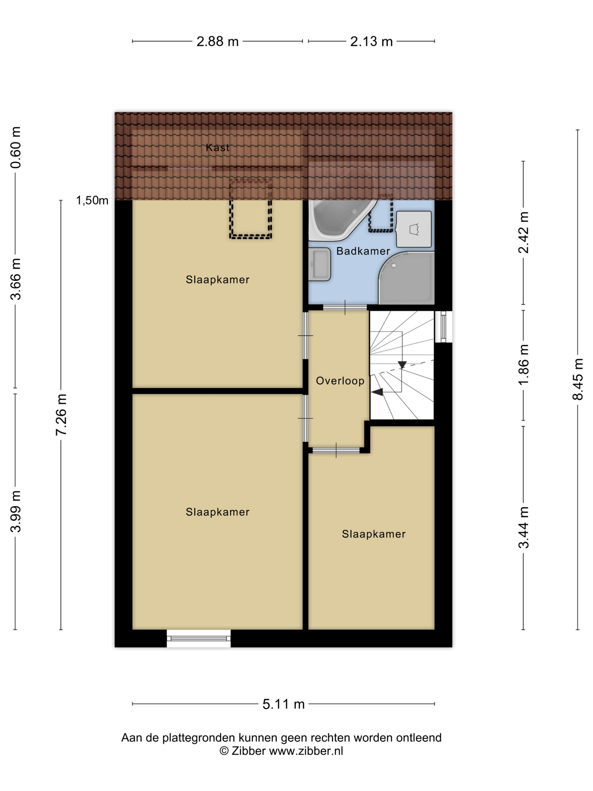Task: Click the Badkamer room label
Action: pyautogui.click(x=363, y=251)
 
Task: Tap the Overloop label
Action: pyautogui.click(x=340, y=381)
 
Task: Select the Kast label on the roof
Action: pyautogui.click(x=217, y=147)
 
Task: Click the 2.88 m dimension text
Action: pyautogui.click(x=217, y=42)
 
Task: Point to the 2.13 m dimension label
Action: pyautogui.click(x=371, y=42)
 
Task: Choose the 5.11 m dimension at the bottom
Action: pyautogui.click(x=284, y=704)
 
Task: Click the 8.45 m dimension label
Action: pyautogui.click(x=578, y=379)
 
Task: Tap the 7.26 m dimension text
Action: pyautogui.click(x=61, y=415)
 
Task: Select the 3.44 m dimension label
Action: pyautogui.click(x=523, y=527)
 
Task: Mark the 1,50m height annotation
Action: pyautogui.click(x=92, y=200)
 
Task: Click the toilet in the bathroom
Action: pyautogui.click(x=414, y=229)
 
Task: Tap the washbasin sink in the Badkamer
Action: pyautogui.click(x=320, y=264)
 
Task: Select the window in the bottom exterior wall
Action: pyautogui.click(x=199, y=638)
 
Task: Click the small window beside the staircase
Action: pyautogui.click(x=444, y=327)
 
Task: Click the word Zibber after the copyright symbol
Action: pyautogui.click(x=248, y=751)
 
